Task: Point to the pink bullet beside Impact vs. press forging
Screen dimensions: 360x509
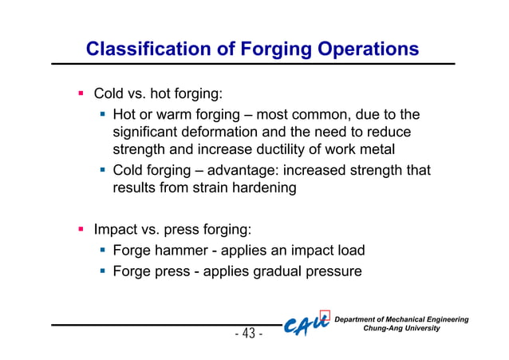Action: pos(81,229)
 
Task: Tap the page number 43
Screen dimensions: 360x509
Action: pos(249,333)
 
